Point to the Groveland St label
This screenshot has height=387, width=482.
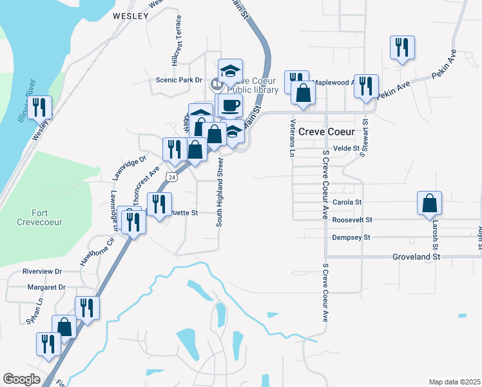coord(416,257)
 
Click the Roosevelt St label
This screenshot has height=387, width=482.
coord(352,220)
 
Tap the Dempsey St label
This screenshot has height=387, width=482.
coord(351,237)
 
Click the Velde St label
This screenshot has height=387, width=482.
coord(345,148)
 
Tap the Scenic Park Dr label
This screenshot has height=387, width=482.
coord(179,80)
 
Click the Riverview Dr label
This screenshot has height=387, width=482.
coord(42,272)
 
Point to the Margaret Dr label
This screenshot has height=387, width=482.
coord(44,287)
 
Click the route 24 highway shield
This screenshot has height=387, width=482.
coord(171,176)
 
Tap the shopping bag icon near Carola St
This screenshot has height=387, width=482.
coord(429,204)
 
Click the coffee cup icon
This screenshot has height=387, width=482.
coord(229,105)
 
